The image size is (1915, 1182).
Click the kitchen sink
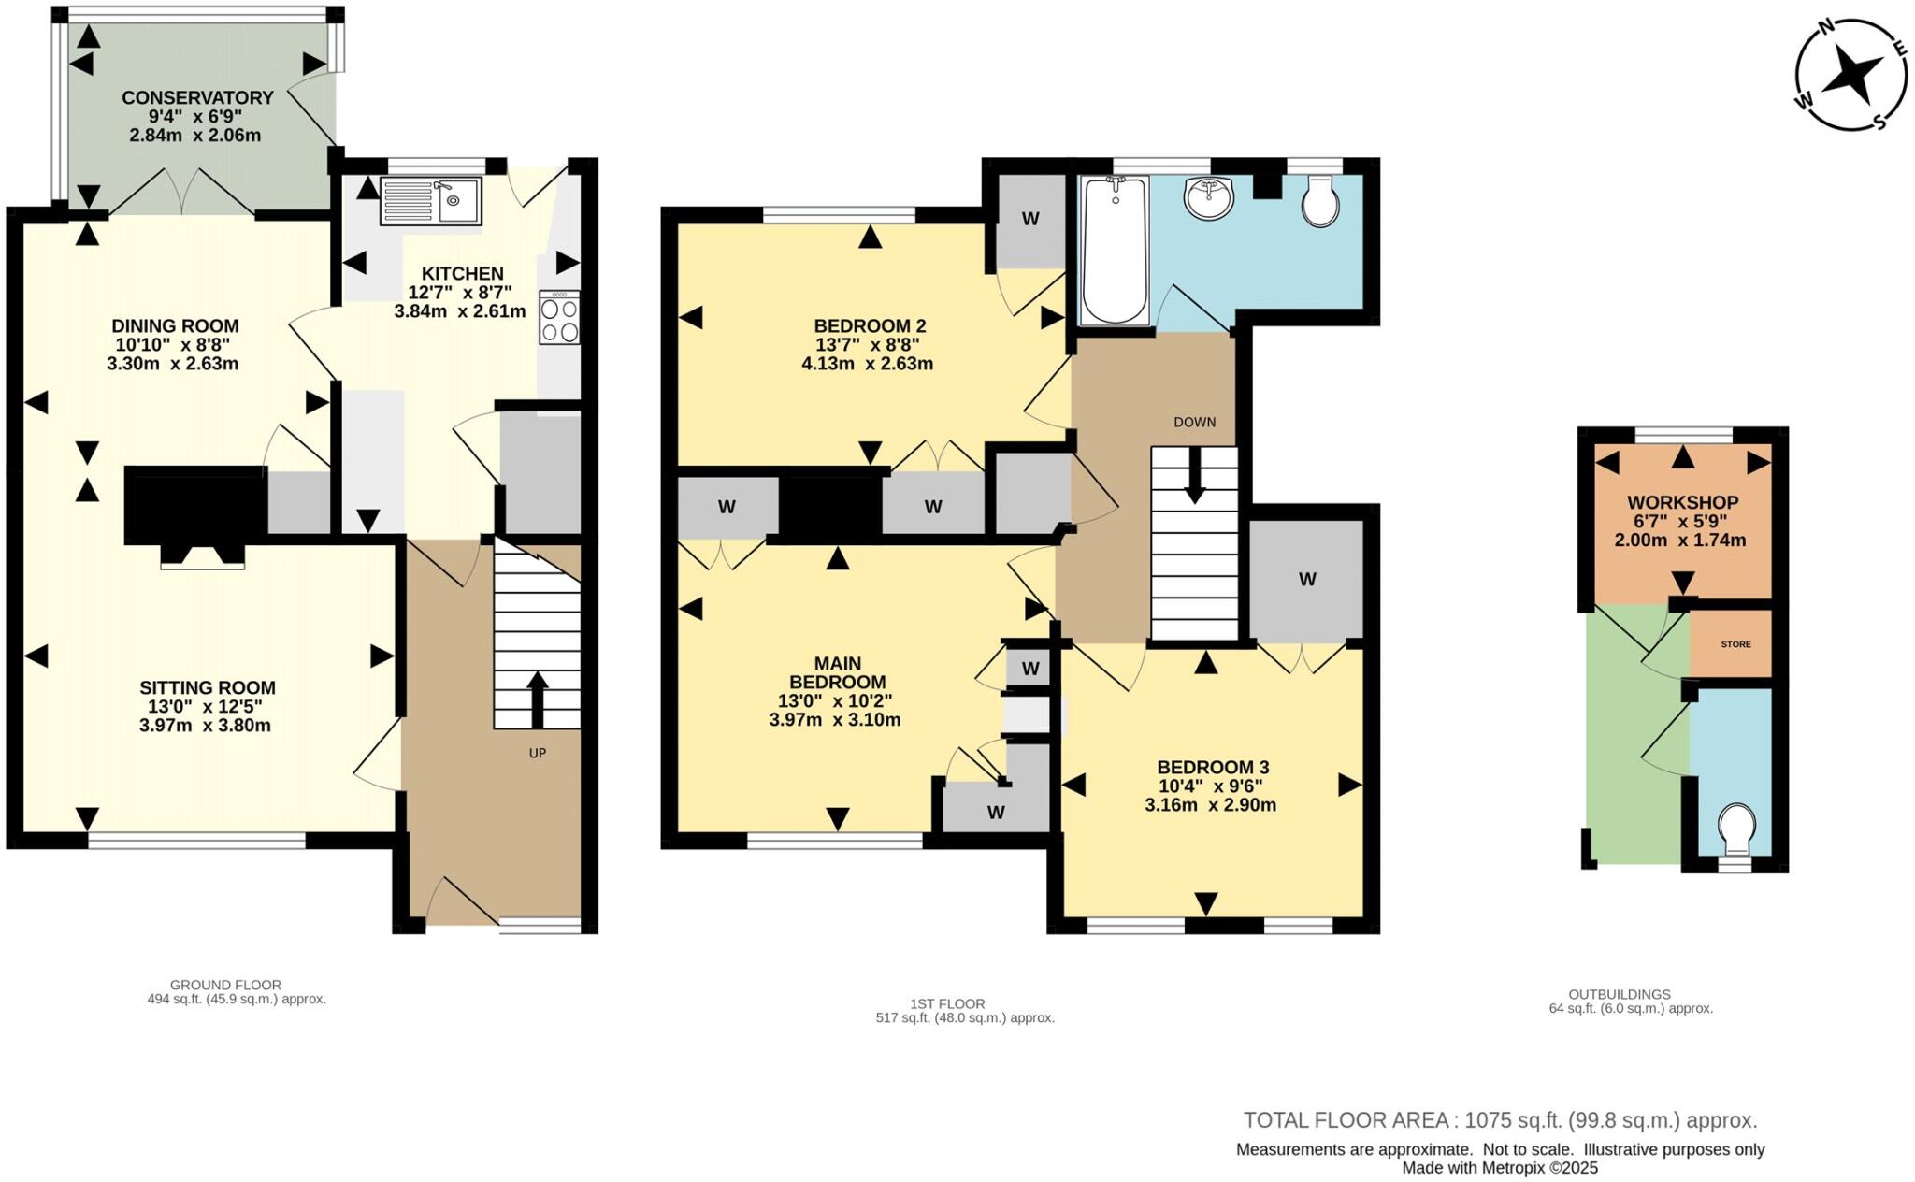coord(430,201)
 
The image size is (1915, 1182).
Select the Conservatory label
coord(197,97)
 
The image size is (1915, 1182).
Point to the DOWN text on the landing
coord(1194,422)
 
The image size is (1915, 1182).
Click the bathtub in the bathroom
coord(1113,250)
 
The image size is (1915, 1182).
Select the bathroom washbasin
coord(1209,198)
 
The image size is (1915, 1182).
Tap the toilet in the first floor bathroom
coord(1319,204)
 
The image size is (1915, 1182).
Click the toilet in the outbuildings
coord(1736,829)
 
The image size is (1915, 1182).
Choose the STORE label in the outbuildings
coord(1735,644)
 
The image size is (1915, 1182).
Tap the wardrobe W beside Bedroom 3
coord(1306,580)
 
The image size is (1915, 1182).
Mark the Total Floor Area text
coord(1499,1120)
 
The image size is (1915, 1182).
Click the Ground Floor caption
coord(225,985)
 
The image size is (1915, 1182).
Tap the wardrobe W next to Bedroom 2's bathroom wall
coord(1029,220)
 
